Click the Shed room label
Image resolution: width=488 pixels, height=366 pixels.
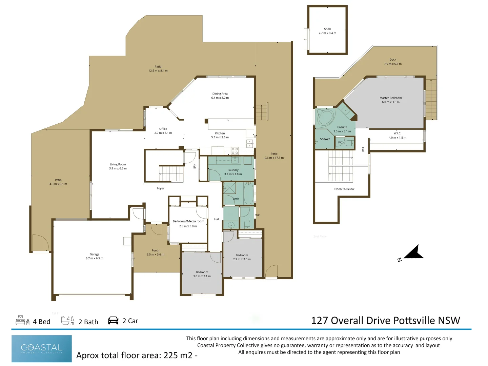pos(327,29)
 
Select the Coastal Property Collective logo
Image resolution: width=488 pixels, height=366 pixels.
pos(42,348)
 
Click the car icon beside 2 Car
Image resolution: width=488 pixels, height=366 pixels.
pos(113,321)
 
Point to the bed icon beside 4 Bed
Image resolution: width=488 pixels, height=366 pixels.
pos(22,320)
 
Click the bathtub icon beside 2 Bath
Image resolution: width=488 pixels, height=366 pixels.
pos(67,320)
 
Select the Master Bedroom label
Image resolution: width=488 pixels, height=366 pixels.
pos(390,98)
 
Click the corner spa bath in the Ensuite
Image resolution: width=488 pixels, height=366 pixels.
pos(325,117)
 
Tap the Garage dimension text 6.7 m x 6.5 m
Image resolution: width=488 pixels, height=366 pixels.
pos(95,258)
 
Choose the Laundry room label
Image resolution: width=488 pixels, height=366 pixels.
pos(233,170)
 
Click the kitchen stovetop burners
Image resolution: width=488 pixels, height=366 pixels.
pos(235,151)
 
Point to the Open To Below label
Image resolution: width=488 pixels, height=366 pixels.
pos(344,189)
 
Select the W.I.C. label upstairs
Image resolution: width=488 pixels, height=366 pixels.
pos(397,133)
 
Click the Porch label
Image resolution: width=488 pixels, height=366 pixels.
pos(155,250)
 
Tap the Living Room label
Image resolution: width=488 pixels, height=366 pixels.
pos(118,164)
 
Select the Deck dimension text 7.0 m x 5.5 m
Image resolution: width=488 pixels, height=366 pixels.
pos(392,64)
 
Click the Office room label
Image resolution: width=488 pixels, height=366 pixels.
pos(163,129)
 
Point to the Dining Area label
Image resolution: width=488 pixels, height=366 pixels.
pos(220,94)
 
